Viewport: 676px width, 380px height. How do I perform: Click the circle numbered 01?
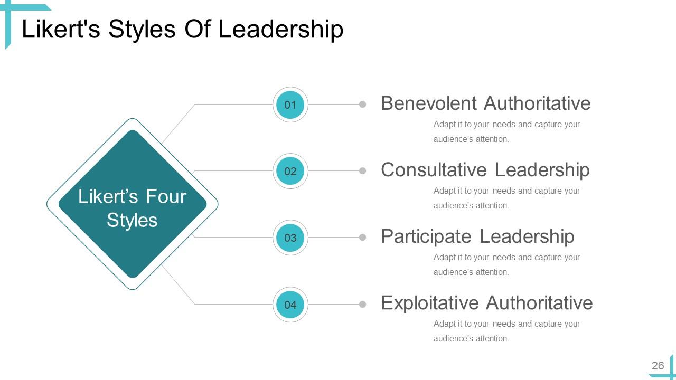tap(290, 104)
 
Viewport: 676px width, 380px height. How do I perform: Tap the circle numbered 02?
tap(290, 171)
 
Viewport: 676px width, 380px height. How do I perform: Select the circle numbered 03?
tap(290, 237)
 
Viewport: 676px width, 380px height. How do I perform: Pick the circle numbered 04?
tap(290, 305)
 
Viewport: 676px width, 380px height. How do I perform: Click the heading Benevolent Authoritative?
tap(485, 103)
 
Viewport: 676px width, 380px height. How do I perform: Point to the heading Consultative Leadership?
tap(485, 169)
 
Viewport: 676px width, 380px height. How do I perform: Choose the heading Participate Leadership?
tap(477, 236)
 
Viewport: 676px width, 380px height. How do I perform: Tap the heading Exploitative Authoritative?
tap(486, 302)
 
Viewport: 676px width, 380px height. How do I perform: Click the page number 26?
tap(658, 366)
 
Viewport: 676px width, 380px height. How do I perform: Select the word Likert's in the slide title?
tap(61, 30)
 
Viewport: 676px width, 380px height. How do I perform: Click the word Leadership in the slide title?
tap(280, 30)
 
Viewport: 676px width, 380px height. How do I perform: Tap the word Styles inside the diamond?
tap(132, 220)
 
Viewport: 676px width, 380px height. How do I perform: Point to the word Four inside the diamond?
tap(166, 196)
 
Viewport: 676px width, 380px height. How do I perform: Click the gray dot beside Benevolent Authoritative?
tap(363, 104)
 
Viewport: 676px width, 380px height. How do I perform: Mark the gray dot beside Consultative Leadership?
tap(363, 171)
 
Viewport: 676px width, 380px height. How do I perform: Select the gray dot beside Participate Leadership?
tap(363, 237)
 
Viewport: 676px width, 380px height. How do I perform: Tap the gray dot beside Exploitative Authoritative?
tap(363, 305)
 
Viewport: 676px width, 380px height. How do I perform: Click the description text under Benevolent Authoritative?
tap(506, 132)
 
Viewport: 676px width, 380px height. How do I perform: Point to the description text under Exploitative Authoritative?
tap(506, 331)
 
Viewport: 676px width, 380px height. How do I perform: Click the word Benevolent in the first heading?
tap(428, 103)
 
